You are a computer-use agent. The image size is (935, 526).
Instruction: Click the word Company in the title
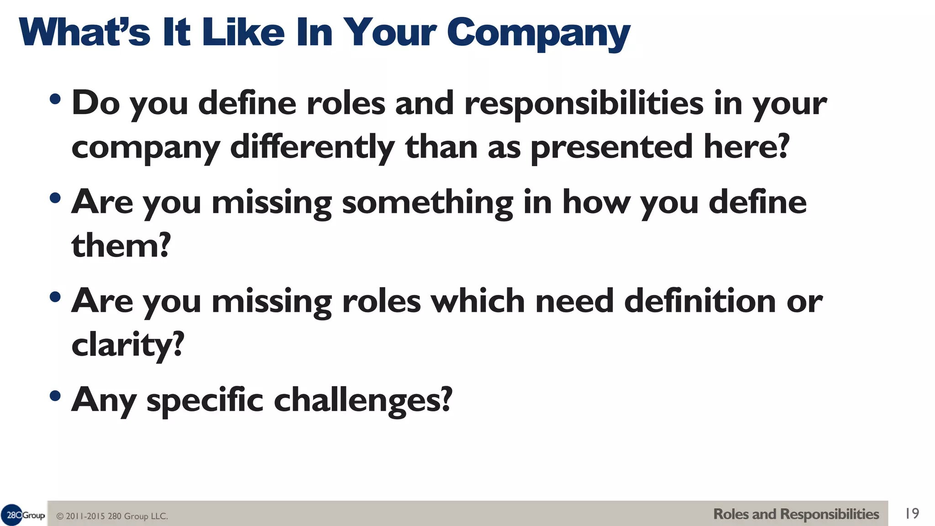tap(538, 33)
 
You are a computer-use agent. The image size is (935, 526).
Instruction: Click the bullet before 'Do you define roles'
tap(55, 99)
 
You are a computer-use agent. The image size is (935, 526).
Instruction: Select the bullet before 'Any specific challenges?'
tap(55, 396)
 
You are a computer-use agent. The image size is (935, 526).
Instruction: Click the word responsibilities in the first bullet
tap(584, 103)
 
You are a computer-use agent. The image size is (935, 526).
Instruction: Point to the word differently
tap(312, 147)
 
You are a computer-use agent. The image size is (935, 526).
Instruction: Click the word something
tap(427, 203)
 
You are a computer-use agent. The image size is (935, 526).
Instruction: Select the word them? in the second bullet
tap(121, 246)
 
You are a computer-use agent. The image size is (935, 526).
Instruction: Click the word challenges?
tap(363, 400)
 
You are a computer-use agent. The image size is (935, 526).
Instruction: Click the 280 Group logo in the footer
tap(23, 515)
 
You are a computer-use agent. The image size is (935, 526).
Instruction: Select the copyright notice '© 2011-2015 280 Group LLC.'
tap(112, 516)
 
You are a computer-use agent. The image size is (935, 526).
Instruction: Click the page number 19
tap(912, 514)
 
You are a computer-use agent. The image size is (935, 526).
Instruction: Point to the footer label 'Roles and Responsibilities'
tap(796, 514)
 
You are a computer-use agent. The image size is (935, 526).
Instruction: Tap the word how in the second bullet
tap(595, 202)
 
